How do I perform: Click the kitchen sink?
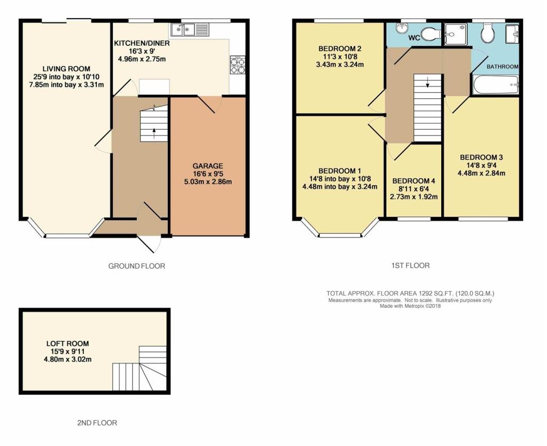tap(190, 29)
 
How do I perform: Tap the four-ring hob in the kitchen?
tap(237, 65)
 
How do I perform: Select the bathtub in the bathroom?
tap(495, 85)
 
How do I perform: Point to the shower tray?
tap(456, 34)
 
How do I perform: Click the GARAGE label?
tap(208, 166)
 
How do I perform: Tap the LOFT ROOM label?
tap(67, 343)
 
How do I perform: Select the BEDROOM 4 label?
tap(413, 181)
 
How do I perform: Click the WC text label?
tap(414, 38)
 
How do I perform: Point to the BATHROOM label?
tap(502, 67)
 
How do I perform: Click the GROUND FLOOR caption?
tap(137, 267)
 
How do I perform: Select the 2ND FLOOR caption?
tap(97, 423)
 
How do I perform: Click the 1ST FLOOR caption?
tap(410, 265)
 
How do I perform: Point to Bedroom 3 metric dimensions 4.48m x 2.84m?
tap(481, 173)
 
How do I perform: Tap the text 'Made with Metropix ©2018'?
tap(410, 306)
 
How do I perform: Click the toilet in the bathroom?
tap(487, 32)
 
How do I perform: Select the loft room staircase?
tap(139, 369)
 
